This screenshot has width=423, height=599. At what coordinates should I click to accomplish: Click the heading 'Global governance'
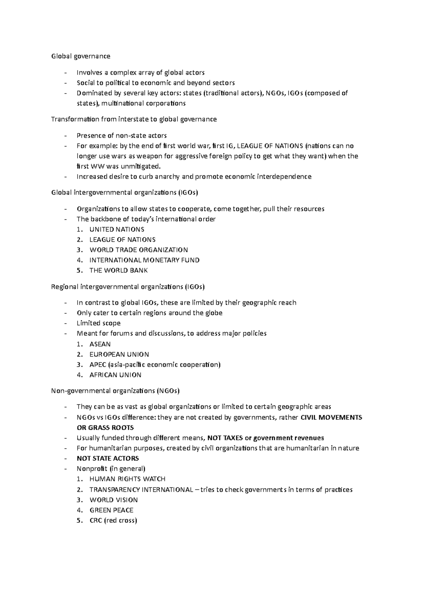pos(81,56)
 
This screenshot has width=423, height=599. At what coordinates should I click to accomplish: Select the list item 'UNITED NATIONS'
pos(117,230)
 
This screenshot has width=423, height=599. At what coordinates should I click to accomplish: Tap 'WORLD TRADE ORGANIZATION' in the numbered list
pos(139,250)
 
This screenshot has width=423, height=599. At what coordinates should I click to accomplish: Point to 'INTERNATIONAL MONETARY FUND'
pos(145,260)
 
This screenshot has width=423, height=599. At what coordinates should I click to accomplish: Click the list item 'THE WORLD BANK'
pos(118,271)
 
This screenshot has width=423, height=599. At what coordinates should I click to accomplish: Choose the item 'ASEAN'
pos(100,344)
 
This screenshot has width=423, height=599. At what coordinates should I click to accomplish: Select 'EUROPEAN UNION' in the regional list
pos(119,355)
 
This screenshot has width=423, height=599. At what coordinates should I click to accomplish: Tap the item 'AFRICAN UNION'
pos(115,375)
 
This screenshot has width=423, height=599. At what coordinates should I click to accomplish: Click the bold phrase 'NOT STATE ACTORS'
pos(108,459)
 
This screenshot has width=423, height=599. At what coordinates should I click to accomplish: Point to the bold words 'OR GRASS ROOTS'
pos(105,428)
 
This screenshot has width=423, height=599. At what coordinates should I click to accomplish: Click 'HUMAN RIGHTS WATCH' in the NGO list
pos(127,479)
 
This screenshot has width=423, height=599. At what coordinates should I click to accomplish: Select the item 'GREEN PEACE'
pos(111,510)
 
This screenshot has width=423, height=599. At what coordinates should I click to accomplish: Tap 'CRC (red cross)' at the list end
pos(113,520)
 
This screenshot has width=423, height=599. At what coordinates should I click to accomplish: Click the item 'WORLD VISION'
pos(114,500)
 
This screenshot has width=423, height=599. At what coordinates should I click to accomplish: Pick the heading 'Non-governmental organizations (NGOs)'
pos(116,391)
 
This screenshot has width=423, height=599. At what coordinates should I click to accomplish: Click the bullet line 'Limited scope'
pos(98,323)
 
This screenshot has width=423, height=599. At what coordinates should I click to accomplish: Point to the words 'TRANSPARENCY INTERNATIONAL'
pos(141,490)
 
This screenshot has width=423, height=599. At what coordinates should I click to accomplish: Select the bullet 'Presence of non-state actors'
pos(122,136)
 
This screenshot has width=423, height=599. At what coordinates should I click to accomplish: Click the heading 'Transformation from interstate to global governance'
pos(134,119)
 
